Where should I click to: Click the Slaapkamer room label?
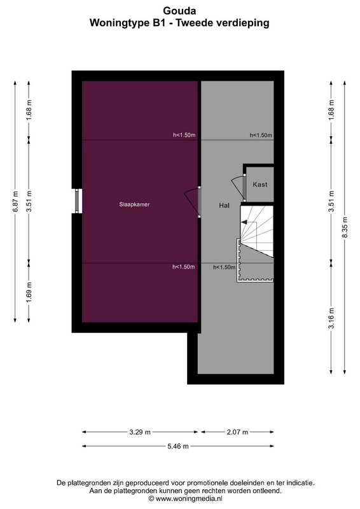[134, 204]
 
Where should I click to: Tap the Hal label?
[225, 206]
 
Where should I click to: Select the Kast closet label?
[260, 185]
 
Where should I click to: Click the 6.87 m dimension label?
[15, 202]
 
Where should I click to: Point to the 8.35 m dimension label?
[345, 227]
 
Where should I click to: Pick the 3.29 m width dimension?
[140, 432]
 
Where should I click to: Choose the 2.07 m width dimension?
[237, 432]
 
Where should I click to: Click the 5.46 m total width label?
[178, 447]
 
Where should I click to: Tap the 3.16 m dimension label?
[331, 318]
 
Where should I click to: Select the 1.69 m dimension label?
[29, 292]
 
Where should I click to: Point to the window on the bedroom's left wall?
[77, 201]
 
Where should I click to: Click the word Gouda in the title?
[179, 11]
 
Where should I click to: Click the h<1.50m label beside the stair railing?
[224, 267]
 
